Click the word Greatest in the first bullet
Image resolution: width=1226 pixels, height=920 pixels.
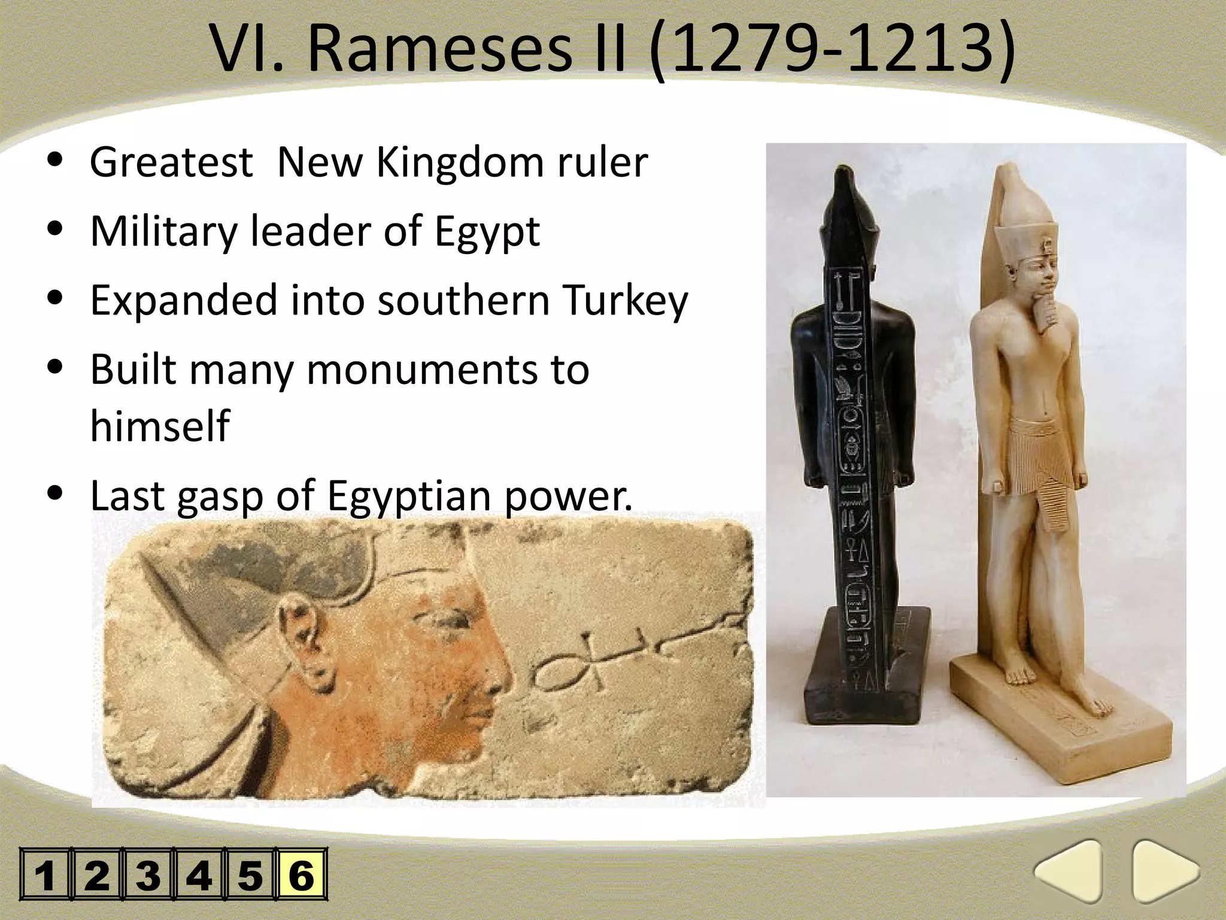tap(171, 163)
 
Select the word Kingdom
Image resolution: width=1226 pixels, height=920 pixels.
tap(460, 163)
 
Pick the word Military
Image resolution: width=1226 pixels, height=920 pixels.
tap(163, 231)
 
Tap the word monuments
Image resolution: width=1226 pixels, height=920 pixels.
tap(422, 370)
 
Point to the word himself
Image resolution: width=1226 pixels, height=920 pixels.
tap(160, 426)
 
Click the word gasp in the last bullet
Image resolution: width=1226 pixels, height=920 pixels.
tap(220, 497)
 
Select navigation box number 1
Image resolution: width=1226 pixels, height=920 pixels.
tap(45, 874)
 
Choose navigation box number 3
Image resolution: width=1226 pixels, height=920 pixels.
tap(147, 874)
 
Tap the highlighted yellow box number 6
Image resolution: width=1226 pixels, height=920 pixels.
tap(301, 874)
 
